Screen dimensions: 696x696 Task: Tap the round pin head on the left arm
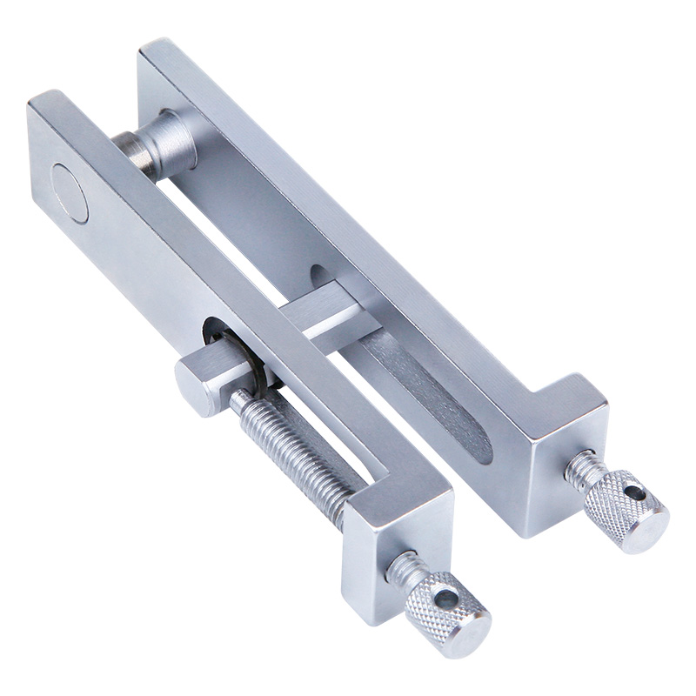[x=70, y=192]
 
